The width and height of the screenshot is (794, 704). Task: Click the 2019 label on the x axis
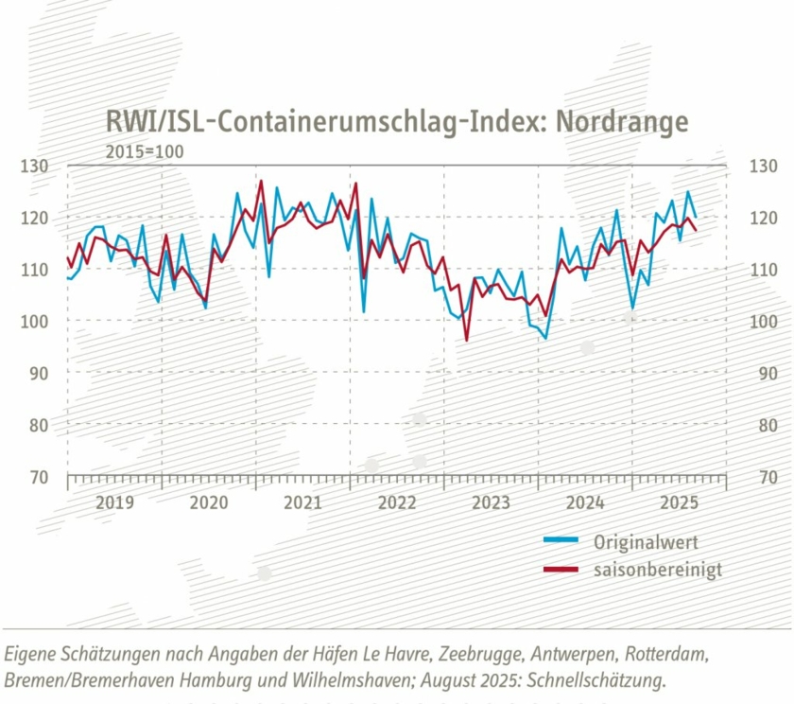point(114,502)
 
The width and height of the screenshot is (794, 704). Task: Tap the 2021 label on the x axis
point(302,502)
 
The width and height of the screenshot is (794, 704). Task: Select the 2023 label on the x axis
point(491,502)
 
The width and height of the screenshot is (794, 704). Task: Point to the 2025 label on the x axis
point(679,502)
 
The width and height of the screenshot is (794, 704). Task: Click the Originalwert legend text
point(646,542)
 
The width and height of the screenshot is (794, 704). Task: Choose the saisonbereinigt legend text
point(658,570)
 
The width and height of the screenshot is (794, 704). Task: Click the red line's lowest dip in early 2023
point(467,340)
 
